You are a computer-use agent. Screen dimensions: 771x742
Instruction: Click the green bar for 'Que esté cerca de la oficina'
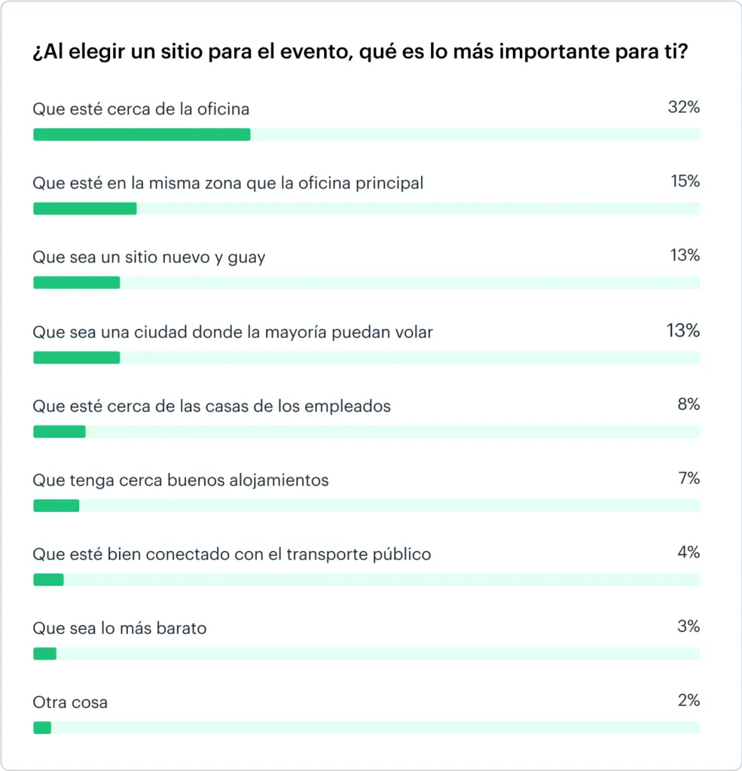tap(142, 134)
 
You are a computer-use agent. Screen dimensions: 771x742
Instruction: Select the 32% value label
tap(683, 108)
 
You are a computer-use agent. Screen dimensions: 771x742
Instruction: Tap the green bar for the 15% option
tap(84, 209)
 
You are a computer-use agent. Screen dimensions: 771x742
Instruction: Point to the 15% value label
tap(685, 181)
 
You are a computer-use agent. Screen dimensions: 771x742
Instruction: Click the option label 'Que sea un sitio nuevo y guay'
tap(149, 258)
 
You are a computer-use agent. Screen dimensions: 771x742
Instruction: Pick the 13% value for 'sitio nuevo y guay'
tap(685, 255)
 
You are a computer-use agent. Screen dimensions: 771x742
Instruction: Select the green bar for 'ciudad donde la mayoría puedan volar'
tap(76, 358)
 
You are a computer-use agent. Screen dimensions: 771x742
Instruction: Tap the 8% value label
tap(689, 404)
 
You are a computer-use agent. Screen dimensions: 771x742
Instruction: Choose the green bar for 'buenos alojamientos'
tap(56, 506)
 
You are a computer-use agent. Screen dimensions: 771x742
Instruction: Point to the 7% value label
tap(689, 478)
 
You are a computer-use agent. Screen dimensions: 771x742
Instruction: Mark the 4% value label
tap(689, 553)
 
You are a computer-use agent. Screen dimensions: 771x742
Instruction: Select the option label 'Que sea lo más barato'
tap(119, 628)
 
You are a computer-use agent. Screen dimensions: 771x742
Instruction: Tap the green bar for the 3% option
tap(44, 654)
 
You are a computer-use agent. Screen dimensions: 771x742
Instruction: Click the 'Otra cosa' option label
tap(70, 702)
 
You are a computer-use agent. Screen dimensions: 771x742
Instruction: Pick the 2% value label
tap(689, 701)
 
